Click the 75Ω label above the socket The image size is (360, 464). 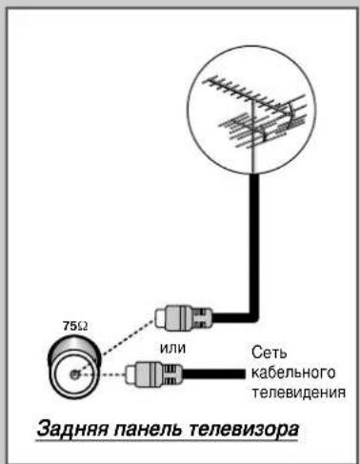pos(75,326)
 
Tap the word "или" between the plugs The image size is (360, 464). pos(172,349)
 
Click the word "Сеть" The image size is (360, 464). pos(270,353)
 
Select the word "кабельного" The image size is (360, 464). pos(293,373)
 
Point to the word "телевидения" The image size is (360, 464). pos(298,393)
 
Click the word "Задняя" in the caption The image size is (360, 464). pos(73,429)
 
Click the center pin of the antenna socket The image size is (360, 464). pos(74,374)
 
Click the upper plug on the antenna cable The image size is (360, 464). pos(184,316)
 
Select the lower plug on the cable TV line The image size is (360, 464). pos(154,374)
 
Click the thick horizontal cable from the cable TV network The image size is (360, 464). pos(214,374)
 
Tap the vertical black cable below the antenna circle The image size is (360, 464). pos(254,243)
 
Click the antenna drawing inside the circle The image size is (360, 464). pos(255,111)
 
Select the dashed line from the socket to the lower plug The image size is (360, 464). pos(102,374)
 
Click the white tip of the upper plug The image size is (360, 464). pos(161,317)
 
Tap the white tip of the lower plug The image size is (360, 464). pos(131,374)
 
